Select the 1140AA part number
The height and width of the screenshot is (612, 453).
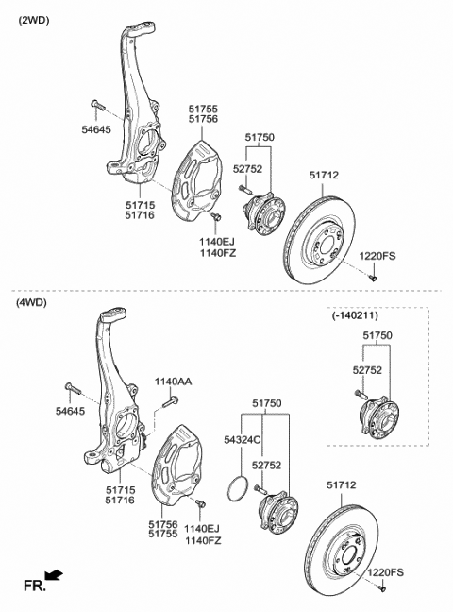coord(173,382)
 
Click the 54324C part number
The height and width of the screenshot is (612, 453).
coord(243,440)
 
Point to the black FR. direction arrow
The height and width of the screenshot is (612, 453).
coord(54,573)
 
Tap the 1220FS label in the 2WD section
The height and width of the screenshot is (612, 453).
coord(377,256)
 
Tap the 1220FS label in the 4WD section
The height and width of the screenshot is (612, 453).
coord(385,572)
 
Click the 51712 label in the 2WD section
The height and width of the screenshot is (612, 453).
coord(326,174)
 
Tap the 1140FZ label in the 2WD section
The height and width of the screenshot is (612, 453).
coord(216,253)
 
